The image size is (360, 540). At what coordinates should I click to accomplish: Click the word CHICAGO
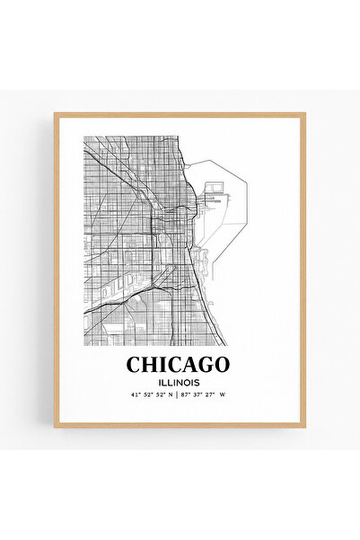point(178,365)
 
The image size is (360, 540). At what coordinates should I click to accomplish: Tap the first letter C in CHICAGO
point(134,365)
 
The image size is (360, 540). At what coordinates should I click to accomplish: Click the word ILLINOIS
point(178,381)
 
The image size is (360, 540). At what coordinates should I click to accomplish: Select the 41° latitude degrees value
point(135,394)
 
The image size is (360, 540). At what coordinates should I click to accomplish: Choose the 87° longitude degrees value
point(186,394)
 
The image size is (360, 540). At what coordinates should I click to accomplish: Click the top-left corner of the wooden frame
point(55,114)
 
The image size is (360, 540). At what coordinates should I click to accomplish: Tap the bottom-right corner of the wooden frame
point(304,426)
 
